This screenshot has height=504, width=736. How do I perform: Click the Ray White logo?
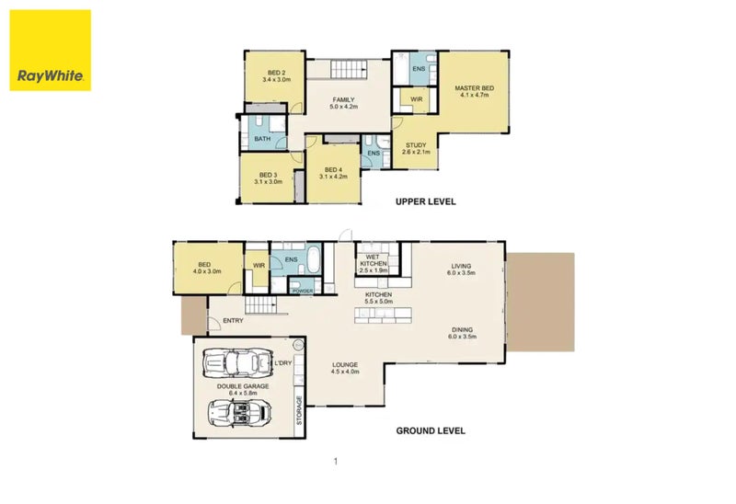click(51, 51)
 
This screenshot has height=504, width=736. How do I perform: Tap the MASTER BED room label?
click(474, 87)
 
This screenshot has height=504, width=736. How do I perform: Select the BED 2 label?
click(277, 73)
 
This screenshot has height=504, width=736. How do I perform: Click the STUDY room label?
click(416, 145)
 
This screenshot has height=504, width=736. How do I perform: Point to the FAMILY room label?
click(343, 99)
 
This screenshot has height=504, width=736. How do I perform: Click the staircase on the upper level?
click(349, 70)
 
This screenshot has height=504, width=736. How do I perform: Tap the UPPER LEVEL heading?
click(426, 201)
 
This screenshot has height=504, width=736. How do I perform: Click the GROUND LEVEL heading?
click(431, 430)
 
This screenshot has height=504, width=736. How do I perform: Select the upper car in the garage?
click(237, 362)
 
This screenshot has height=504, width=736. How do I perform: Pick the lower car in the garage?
click(240, 413)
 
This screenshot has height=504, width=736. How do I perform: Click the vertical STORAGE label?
click(300, 410)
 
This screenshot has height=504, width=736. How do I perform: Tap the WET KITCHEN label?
click(374, 260)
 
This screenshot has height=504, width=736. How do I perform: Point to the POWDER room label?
click(303, 292)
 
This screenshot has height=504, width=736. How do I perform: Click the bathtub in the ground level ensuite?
click(314, 260)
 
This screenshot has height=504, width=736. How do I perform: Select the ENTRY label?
click(234, 320)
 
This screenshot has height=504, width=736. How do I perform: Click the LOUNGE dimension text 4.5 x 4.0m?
click(345, 372)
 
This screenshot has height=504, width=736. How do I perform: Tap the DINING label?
click(463, 329)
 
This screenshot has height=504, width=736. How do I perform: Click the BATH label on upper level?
click(262, 139)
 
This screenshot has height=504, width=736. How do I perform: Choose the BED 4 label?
click(333, 169)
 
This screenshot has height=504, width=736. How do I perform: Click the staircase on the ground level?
click(261, 305)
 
